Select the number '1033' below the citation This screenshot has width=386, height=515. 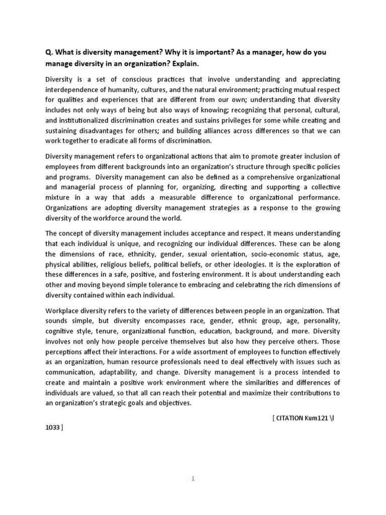[53, 427]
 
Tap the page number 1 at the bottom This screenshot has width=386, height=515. [192, 479]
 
